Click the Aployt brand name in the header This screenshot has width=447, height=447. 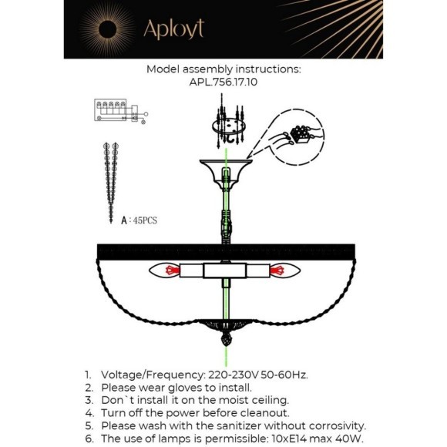pyautogui.click(x=174, y=29)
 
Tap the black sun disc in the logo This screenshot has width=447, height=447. pyautogui.click(x=107, y=29)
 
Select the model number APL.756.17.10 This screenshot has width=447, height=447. pyautogui.click(x=223, y=82)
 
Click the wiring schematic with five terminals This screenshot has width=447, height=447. pyautogui.click(x=121, y=111)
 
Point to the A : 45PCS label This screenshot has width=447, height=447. pyautogui.click(x=139, y=220)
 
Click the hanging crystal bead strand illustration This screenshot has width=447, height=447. pyautogui.click(x=111, y=183)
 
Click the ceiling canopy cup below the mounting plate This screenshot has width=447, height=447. pyautogui.click(x=226, y=174)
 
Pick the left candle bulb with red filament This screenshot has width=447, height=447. pyautogui.click(x=164, y=270)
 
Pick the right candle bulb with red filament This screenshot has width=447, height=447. pyautogui.click(x=285, y=270)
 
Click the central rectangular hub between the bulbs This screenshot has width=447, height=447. pyautogui.click(x=224, y=271)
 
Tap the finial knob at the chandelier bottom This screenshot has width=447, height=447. pyautogui.click(x=227, y=340)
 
